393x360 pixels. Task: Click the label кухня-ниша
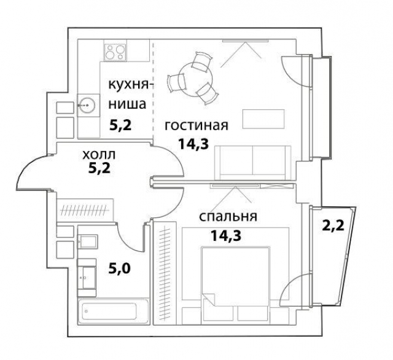[128, 93]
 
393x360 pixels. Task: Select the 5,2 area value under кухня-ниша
[121, 125]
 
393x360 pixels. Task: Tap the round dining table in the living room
[193, 76]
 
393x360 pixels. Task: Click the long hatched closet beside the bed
[164, 274]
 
